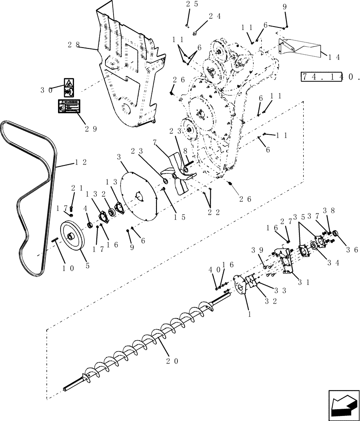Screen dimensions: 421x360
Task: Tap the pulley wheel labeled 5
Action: (72, 238)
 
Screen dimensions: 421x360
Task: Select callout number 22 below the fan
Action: (214, 212)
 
